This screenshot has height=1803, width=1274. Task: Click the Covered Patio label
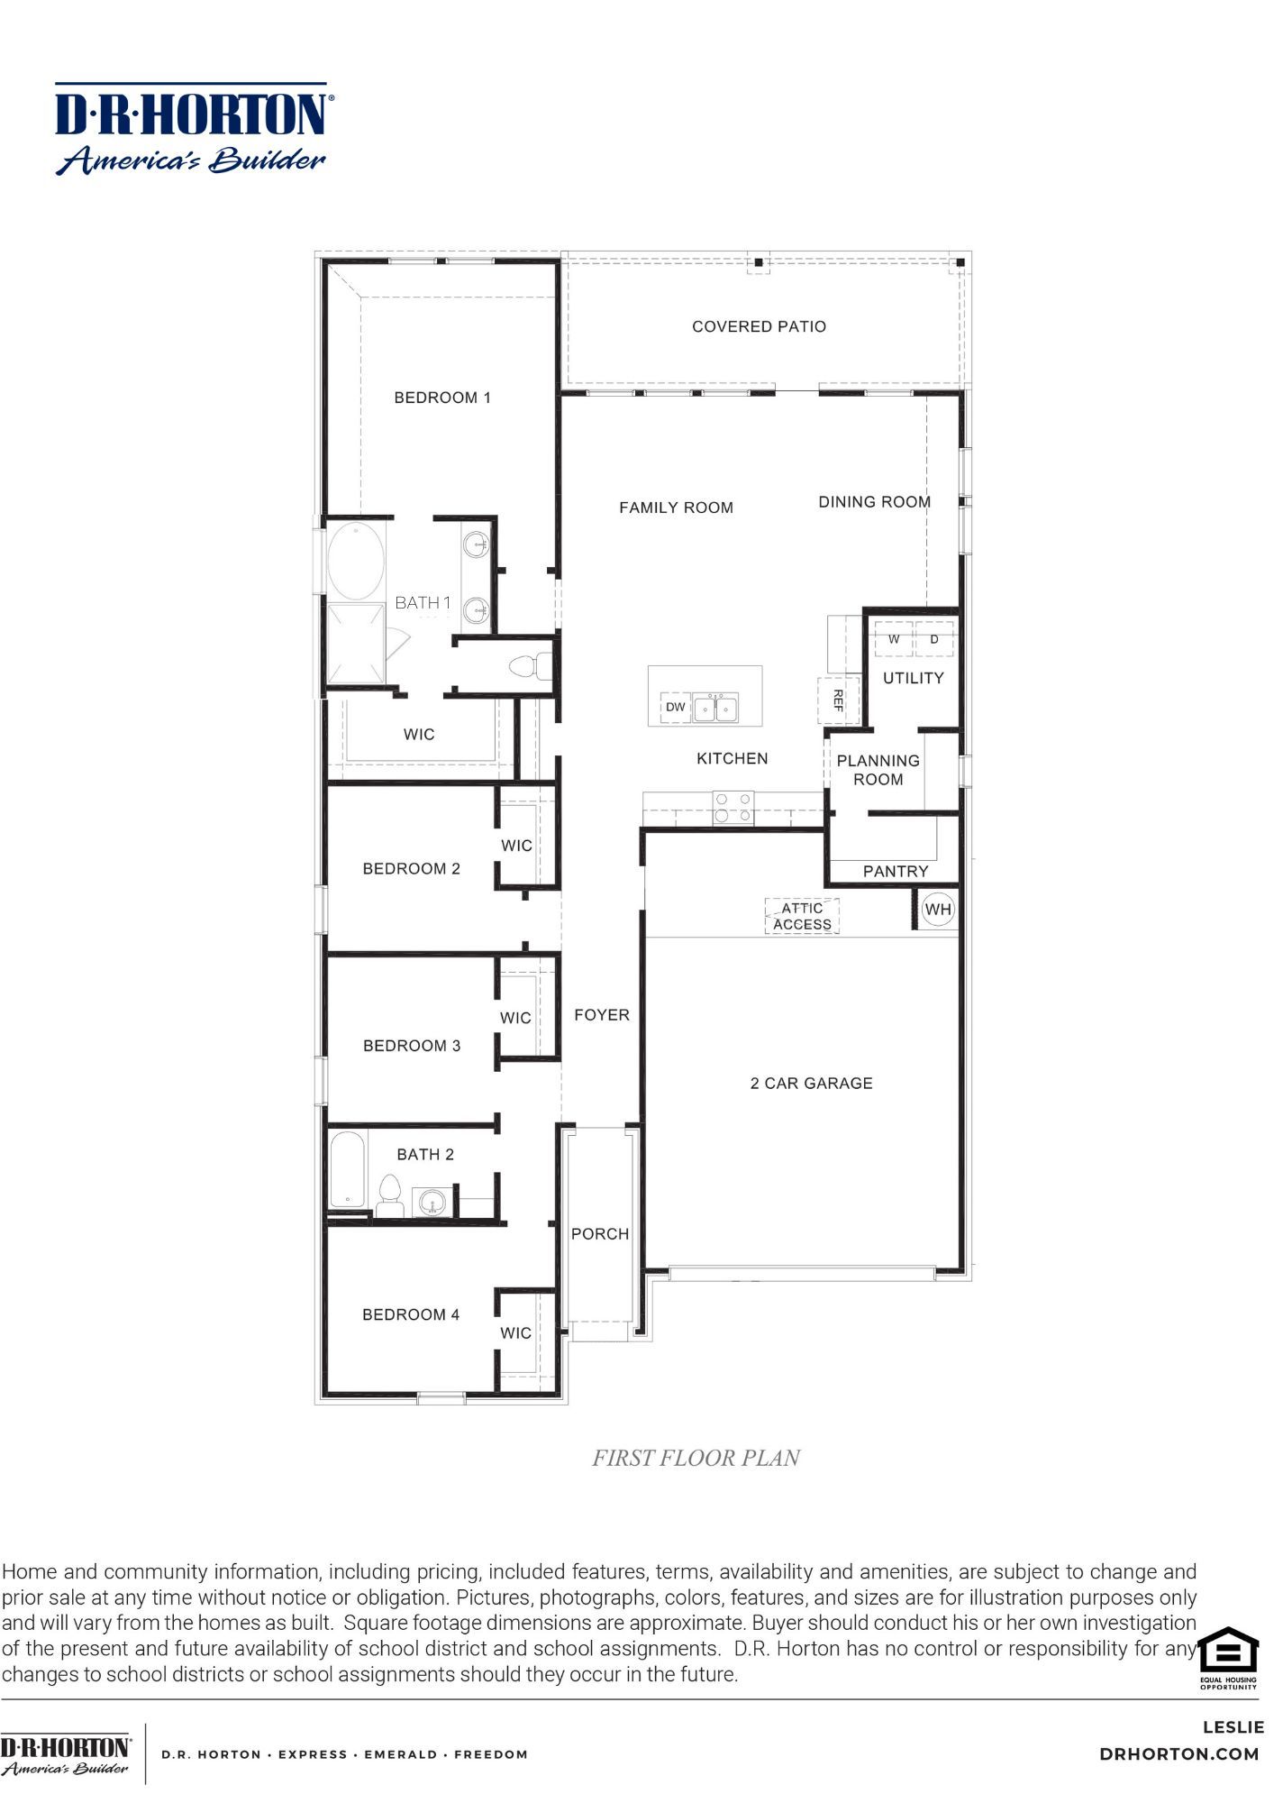pos(759,326)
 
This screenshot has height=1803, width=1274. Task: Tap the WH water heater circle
pos(938,909)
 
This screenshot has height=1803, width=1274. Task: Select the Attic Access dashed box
pos(802,916)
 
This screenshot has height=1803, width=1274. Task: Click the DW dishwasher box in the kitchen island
pos(676,707)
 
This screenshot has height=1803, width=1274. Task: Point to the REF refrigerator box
pos(838,700)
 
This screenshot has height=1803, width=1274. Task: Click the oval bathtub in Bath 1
pos(355,560)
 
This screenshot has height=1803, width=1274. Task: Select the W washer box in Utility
pos(894,638)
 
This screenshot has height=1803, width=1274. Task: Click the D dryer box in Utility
pos(934,638)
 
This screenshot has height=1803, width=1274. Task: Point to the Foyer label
pos(602,1015)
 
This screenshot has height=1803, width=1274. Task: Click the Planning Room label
pos(878,770)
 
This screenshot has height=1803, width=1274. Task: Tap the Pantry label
pos(895,871)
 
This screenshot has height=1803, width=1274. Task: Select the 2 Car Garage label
pos(811,1083)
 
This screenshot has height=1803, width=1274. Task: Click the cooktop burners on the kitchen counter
pos(733,807)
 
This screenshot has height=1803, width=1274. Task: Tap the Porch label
pos(600,1233)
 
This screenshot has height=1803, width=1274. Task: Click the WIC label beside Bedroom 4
pos(515,1332)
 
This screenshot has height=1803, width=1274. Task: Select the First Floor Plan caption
pos(696,1458)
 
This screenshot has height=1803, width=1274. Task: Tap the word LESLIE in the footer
pos(1233,1727)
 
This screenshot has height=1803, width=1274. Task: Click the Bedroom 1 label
pos(442,398)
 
